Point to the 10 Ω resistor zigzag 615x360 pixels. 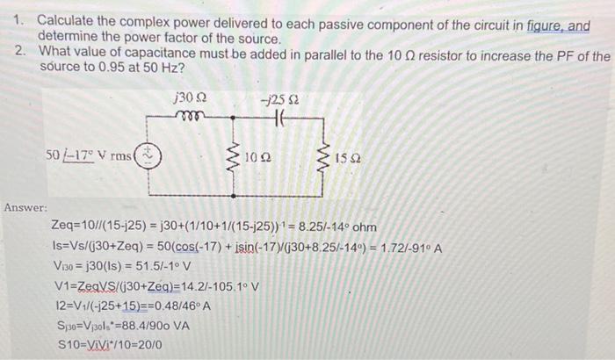(x=234, y=160)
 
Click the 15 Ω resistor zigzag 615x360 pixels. (x=322, y=160)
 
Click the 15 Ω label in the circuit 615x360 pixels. (x=345, y=162)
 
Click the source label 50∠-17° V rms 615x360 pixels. (x=89, y=156)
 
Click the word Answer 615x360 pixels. (x=25, y=207)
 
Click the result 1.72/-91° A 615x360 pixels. (x=409, y=248)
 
